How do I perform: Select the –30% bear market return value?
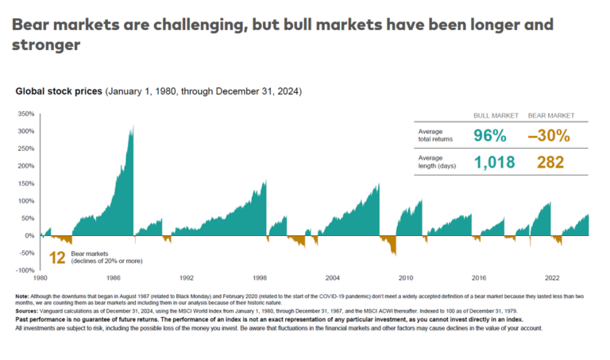tap(549, 136)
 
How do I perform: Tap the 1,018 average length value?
tap(494, 163)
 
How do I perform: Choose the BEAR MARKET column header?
tap(549, 114)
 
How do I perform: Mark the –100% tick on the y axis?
tap(25, 270)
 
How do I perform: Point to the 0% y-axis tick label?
tap(29, 235)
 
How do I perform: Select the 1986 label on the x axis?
tap(113, 279)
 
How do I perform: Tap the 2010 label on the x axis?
tap(406, 279)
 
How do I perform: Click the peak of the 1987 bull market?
tap(133, 126)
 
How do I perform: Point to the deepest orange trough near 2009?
tap(395, 254)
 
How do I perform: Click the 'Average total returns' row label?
tap(435, 136)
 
